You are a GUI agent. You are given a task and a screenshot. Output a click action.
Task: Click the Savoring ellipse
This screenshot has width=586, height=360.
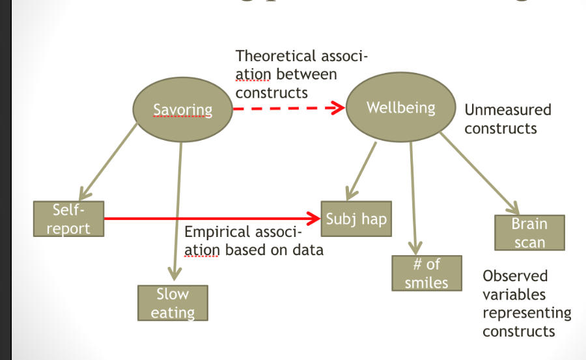[182, 109]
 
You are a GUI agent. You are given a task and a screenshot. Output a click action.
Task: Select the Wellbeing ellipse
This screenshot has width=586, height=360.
[400, 107]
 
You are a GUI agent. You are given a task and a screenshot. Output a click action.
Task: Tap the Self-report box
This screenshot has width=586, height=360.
[68, 219]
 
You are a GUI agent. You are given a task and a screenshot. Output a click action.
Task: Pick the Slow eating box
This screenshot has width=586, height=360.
[173, 303]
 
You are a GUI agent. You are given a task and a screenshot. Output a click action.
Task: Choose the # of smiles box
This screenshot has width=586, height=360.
[426, 273]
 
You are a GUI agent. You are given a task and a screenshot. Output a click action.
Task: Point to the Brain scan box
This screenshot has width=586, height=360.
[529, 232]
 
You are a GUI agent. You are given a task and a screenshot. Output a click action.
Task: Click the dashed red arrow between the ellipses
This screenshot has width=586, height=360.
[286, 108]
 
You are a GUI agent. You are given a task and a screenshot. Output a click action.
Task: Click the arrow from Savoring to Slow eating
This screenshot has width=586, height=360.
[177, 208]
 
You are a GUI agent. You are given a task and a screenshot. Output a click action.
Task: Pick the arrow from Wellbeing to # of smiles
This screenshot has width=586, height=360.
[412, 195]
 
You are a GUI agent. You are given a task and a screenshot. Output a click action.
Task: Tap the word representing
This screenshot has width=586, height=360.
[526, 313]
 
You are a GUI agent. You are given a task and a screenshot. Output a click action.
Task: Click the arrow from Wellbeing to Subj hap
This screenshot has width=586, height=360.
[363, 169]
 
